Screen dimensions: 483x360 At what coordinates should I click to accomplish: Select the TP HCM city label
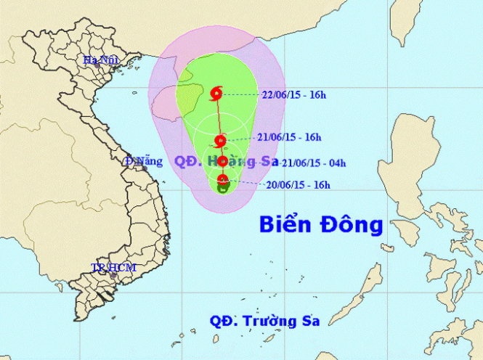pos(113,268)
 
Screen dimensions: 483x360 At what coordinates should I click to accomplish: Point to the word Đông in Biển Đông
pos(353,226)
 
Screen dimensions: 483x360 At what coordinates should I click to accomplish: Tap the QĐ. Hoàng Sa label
pos(214,161)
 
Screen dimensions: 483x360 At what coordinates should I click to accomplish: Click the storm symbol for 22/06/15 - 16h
pos(217,92)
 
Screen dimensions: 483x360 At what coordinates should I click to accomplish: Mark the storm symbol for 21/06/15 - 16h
pos(221,141)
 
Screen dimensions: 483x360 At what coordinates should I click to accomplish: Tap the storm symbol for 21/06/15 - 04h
pos(222,161)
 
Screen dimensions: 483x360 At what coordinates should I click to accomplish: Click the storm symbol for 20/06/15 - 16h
pos(223,179)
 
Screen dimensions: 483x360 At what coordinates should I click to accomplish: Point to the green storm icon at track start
pos(223,188)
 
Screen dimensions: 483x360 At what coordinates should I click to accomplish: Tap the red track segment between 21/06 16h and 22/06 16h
pos(219,116)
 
